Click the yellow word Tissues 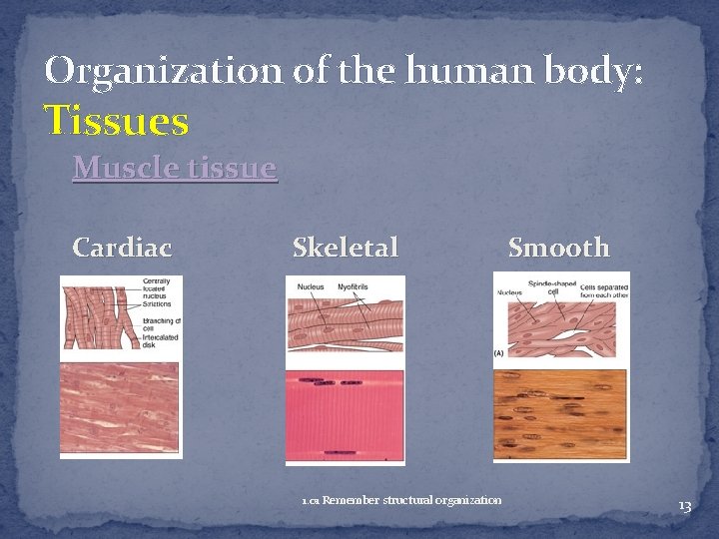[x=117, y=122]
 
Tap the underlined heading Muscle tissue [x=174, y=168]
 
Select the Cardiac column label [x=122, y=247]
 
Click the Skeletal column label [x=345, y=247]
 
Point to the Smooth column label [x=558, y=247]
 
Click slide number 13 [x=684, y=507]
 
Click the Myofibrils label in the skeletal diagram [x=353, y=287]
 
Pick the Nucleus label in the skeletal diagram [x=311, y=287]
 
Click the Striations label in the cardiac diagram [x=157, y=303]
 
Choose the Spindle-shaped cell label [x=552, y=287]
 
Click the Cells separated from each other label [x=603, y=288]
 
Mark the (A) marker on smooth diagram [x=498, y=353]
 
